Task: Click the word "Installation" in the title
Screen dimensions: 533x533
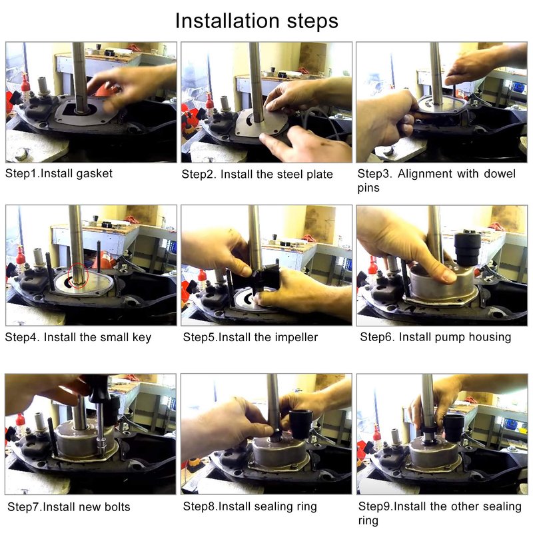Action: coord(228,21)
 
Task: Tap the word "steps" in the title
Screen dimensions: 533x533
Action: coord(312,21)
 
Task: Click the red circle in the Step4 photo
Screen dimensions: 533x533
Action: coord(78,275)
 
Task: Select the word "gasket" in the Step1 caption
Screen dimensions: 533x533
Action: coord(94,174)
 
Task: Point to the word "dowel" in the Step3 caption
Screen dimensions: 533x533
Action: coord(499,174)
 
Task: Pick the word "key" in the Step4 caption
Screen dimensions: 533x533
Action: coord(142,338)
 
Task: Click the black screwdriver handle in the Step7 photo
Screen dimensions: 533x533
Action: coord(99,388)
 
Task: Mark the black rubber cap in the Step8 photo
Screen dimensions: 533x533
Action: coord(300,424)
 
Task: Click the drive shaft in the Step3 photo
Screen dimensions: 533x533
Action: coord(436,73)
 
